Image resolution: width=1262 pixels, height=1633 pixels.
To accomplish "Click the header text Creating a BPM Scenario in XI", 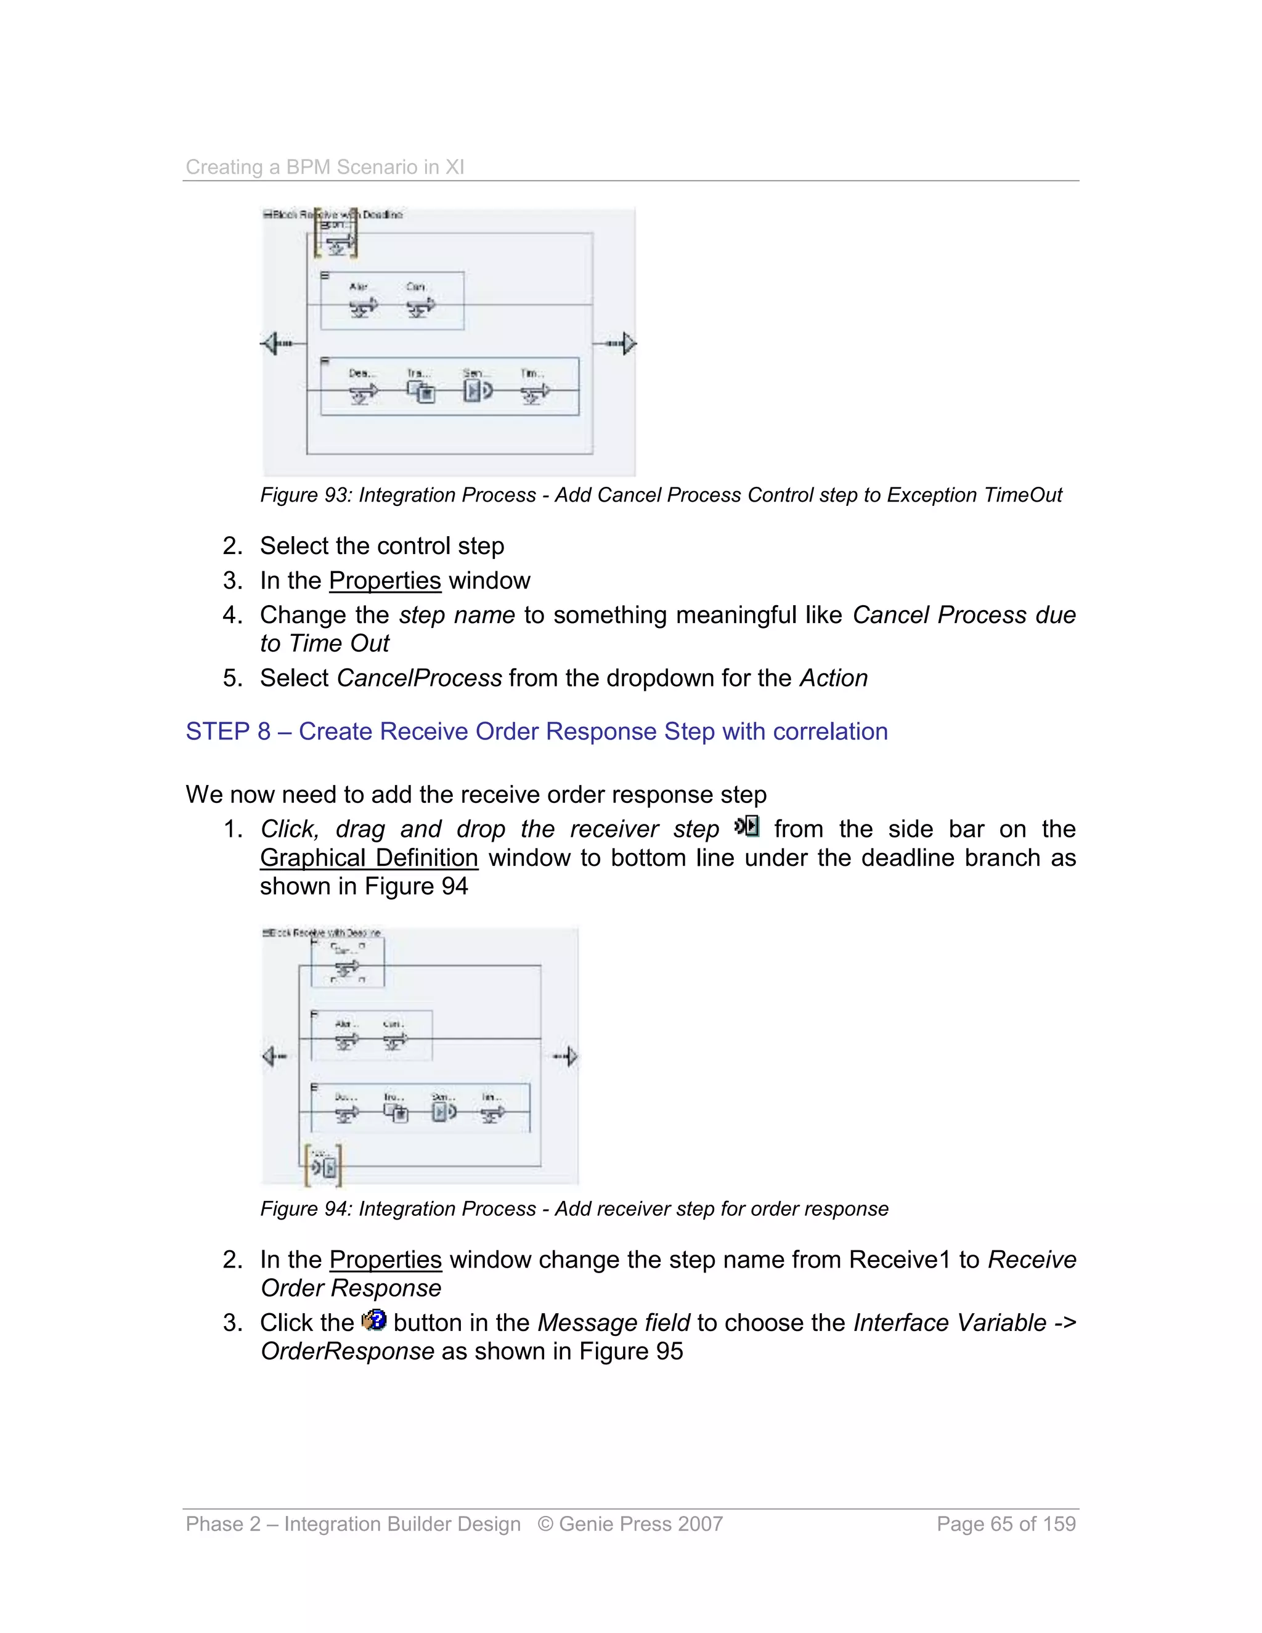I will (x=325, y=167).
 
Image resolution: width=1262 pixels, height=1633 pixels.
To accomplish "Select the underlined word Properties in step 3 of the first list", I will (x=385, y=581).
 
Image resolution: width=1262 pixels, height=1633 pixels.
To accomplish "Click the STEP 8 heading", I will (x=536, y=731).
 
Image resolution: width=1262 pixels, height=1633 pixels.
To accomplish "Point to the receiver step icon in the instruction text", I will (x=747, y=826).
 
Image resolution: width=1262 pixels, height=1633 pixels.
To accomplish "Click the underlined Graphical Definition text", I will (x=368, y=858).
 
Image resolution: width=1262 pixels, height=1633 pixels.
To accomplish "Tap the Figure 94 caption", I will (x=574, y=1209).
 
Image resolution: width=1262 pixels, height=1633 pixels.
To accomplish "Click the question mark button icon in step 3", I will (x=374, y=1321).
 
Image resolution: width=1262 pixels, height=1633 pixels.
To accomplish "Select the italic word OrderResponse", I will (x=347, y=1352).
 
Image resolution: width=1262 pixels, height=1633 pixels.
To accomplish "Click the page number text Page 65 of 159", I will (x=1006, y=1524).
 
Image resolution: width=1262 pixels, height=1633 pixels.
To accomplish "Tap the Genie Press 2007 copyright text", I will (x=630, y=1524).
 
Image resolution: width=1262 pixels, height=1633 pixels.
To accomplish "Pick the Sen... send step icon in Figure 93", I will (x=477, y=390).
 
